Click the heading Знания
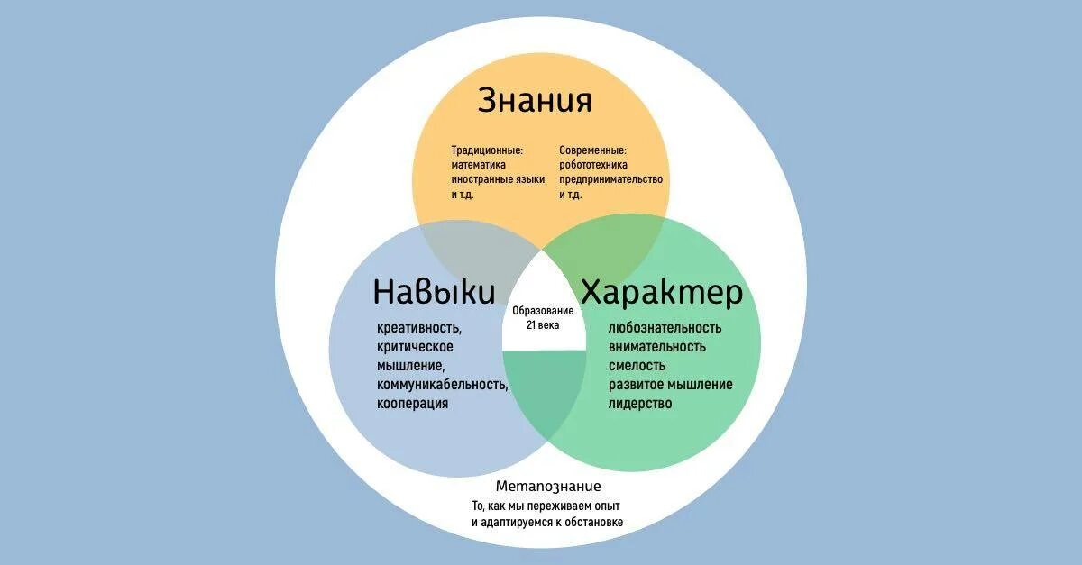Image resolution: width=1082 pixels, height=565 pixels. [535, 100]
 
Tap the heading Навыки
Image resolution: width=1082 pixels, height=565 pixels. [434, 292]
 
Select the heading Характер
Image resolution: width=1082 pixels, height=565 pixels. [662, 292]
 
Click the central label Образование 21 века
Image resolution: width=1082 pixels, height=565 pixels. [543, 317]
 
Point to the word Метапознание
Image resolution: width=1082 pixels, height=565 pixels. [548, 487]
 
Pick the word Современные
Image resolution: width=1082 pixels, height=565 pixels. [592, 150]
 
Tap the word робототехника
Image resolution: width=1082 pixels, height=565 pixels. [592, 165]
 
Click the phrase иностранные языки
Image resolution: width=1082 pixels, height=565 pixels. [498, 179]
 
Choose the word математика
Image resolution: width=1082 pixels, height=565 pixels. [478, 165]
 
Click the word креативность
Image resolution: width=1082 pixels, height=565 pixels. [420, 329]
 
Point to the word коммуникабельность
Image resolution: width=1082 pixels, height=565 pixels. [443, 385]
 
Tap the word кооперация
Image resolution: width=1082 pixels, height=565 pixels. [413, 404]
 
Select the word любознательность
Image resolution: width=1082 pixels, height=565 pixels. [665, 328]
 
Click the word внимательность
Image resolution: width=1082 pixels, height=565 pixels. [657, 347]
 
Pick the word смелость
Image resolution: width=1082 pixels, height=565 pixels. [637, 366]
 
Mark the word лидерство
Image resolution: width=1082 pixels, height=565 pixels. [640, 404]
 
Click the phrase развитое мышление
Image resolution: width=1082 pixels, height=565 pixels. [670, 385]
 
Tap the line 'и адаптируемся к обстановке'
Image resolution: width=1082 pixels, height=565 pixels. [547, 523]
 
